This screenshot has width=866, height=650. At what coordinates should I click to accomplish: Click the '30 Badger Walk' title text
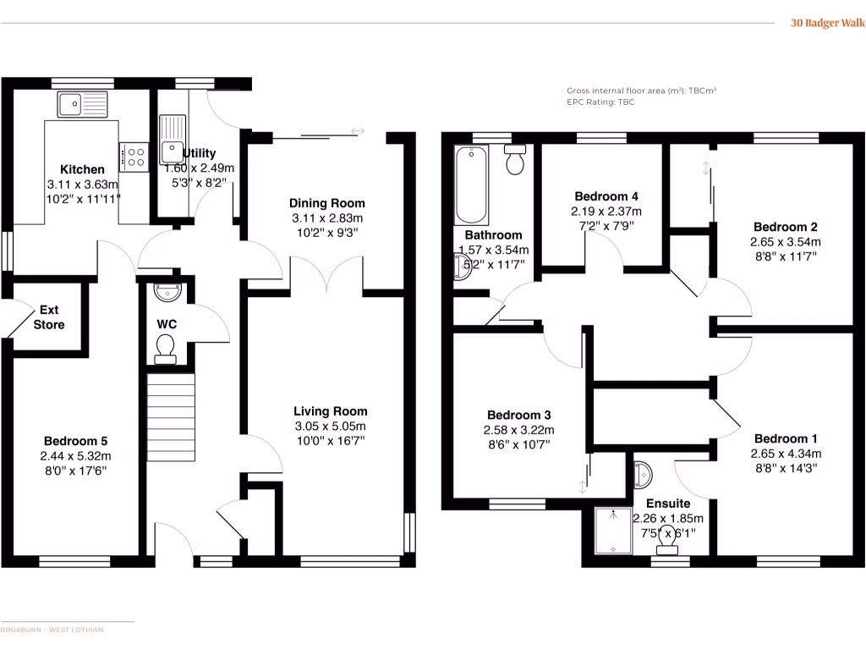coord(826,24)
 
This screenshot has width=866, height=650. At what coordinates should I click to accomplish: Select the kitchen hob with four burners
coord(134,156)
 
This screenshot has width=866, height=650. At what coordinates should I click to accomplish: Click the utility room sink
coord(172,133)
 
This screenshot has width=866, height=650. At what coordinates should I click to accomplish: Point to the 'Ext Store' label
coord(48,317)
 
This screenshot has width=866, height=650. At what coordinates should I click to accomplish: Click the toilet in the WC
coord(166,348)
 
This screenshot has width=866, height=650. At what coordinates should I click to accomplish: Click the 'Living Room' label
coord(330,411)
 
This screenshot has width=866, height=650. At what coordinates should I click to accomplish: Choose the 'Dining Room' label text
coord(327,203)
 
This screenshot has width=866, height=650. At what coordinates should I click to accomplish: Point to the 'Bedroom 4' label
coord(600,196)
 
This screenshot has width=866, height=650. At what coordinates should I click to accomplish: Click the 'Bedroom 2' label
coord(786,227)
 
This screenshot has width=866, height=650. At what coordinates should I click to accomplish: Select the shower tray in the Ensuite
coord(612,529)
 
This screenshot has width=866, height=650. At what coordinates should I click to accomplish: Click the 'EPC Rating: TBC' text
coord(600,102)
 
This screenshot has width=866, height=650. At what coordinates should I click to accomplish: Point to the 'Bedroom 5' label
coord(75,441)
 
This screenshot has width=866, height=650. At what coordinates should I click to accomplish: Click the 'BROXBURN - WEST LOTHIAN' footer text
coord(52,630)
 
